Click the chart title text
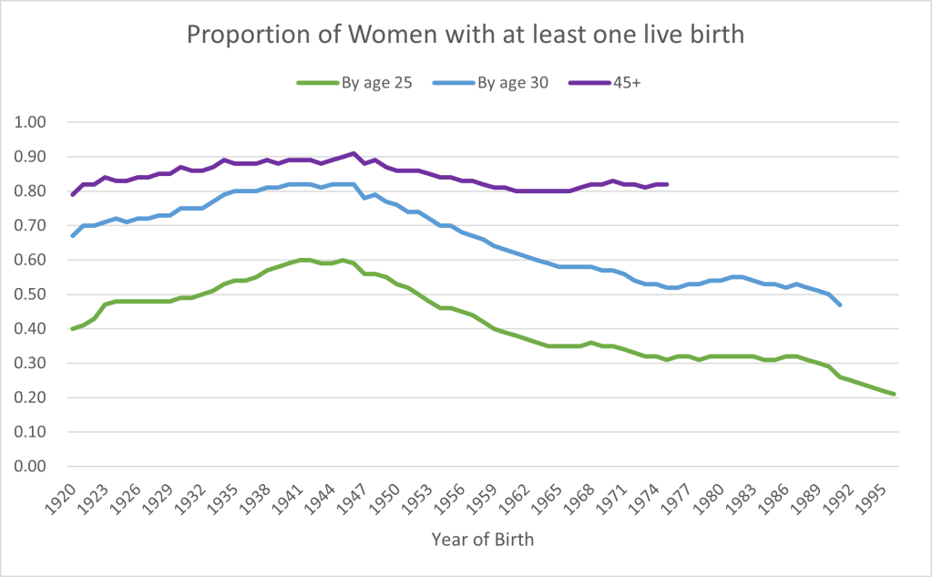click(x=466, y=35)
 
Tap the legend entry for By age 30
click(x=511, y=83)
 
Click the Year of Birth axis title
click(x=483, y=540)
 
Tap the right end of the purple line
click(x=668, y=184)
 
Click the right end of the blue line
click(x=839, y=304)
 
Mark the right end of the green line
click(x=894, y=394)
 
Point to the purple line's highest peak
click(x=353, y=153)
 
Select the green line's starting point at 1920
click(x=73, y=328)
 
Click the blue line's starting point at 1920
click(x=73, y=235)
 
